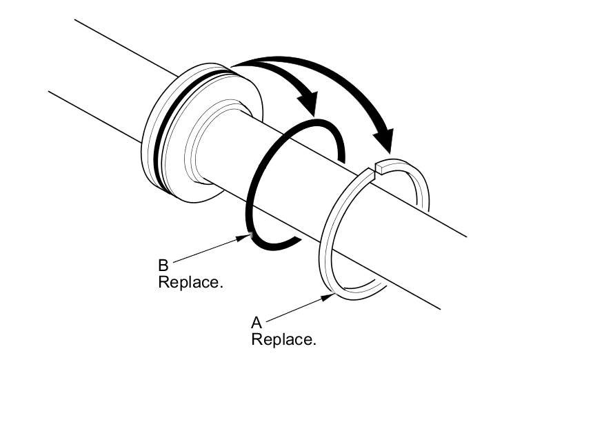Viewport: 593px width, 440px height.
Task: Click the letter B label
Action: click(163, 265)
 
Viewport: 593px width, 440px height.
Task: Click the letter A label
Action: click(257, 322)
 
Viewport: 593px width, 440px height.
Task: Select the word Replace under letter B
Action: click(190, 282)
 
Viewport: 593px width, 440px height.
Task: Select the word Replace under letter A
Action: click(283, 339)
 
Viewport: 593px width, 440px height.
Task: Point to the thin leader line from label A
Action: click(293, 309)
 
